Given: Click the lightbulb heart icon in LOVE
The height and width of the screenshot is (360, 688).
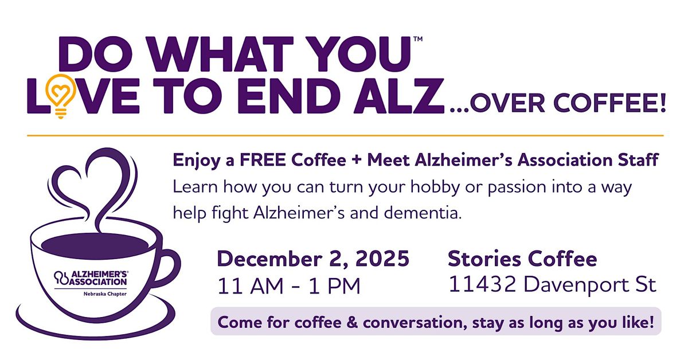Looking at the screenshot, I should coord(59,93).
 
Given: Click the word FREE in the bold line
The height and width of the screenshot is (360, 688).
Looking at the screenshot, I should coord(249,161).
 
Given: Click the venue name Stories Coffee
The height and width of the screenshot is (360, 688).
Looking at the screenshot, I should coord(522,259).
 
